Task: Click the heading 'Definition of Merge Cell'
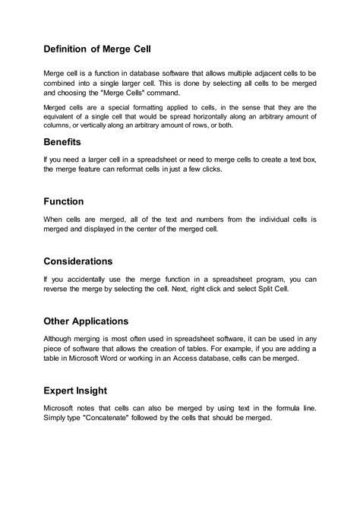(x=97, y=49)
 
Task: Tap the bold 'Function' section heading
(x=69, y=201)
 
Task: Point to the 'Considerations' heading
(x=89, y=261)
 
